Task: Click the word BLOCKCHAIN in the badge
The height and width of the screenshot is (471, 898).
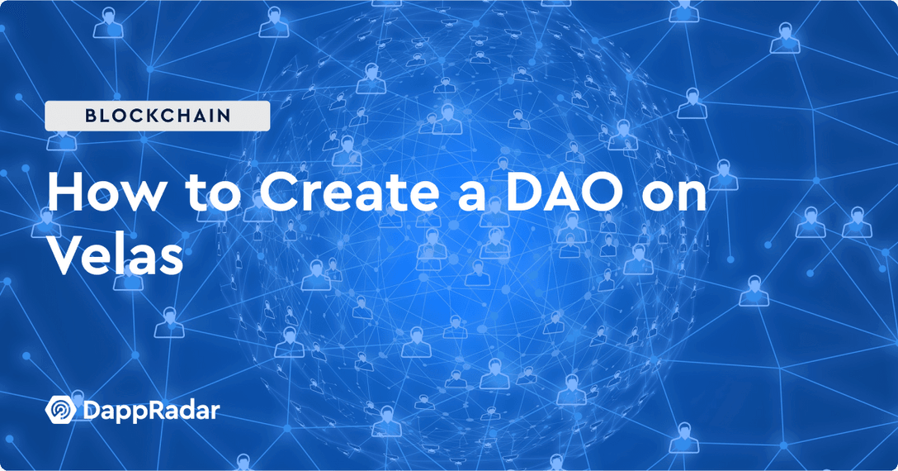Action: [x=158, y=116]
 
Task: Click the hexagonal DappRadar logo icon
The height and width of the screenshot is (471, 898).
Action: [x=61, y=410]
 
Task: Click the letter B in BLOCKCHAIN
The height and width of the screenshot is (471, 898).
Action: [x=91, y=116]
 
